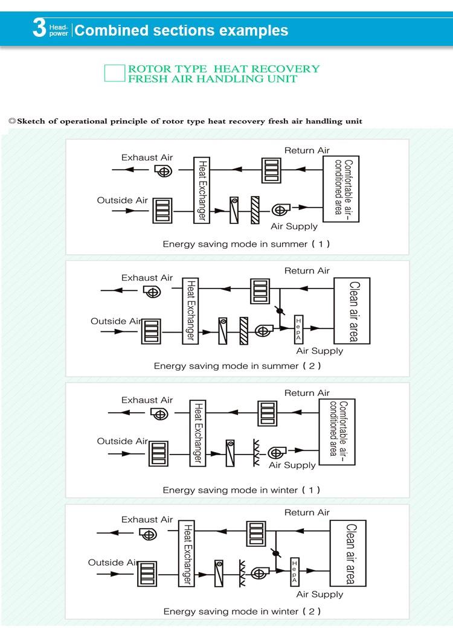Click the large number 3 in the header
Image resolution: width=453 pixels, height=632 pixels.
(39, 27)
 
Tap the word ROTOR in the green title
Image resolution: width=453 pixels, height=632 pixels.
(146, 69)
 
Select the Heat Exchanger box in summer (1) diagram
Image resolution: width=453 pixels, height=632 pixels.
(202, 190)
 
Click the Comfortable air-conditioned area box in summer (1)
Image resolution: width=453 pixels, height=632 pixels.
(341, 188)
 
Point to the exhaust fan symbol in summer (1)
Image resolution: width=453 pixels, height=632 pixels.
(164, 171)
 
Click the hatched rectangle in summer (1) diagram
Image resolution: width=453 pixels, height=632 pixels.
(255, 210)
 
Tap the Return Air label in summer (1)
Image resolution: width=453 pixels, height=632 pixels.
(307, 150)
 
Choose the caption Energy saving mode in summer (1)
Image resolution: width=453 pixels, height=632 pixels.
(246, 244)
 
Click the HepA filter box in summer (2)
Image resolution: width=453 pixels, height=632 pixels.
(298, 330)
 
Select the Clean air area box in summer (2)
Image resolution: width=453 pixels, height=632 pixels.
(352, 311)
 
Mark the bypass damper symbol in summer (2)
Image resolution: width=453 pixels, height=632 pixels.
(280, 310)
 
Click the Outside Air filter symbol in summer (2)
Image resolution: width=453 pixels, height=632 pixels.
(151, 331)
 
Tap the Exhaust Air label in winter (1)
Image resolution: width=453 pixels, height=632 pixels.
(147, 400)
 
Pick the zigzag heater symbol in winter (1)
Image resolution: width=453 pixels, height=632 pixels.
(256, 453)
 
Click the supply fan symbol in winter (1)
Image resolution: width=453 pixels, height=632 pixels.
(277, 453)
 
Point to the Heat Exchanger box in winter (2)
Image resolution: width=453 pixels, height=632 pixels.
(187, 553)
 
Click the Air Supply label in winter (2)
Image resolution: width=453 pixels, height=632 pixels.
(320, 594)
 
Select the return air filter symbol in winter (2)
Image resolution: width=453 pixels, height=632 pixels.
(256, 533)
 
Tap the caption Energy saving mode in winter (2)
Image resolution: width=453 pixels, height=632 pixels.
(242, 611)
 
